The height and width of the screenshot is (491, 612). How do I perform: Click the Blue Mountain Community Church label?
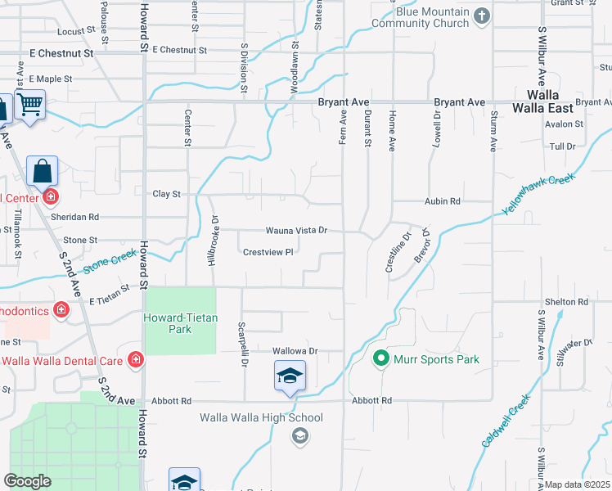coord(421,18)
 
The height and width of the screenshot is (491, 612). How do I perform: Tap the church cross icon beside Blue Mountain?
coord(483,16)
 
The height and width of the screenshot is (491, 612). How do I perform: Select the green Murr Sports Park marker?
coord(380,358)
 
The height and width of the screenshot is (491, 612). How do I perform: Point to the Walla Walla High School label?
coord(262,418)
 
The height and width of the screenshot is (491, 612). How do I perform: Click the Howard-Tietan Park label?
coord(178,323)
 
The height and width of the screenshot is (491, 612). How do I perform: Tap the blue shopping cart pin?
coord(30,104)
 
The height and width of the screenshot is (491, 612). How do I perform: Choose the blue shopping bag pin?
coord(43,172)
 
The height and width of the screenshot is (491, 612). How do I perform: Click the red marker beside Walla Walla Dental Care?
coord(136,360)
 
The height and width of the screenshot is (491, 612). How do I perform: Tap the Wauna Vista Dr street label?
coord(295,232)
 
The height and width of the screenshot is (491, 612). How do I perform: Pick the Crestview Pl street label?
coord(268,252)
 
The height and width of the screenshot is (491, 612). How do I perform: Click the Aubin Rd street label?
coord(443,201)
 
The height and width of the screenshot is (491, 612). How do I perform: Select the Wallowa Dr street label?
coord(295,351)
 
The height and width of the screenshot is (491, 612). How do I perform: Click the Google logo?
coord(27,480)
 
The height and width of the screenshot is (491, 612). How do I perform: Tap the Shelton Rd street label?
coord(566,302)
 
